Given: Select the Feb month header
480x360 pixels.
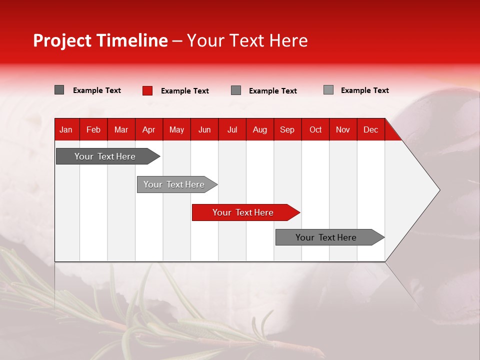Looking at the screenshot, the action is click(93, 129).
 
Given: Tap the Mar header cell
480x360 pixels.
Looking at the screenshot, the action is click(121, 129).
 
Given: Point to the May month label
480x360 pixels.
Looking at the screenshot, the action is click(176, 129).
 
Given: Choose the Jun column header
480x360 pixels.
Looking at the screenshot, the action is click(204, 129).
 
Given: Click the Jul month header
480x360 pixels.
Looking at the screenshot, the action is click(232, 129).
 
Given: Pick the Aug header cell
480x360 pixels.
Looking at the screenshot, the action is click(260, 129).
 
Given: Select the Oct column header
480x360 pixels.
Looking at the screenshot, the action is click(315, 129).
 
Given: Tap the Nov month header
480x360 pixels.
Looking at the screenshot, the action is click(343, 129).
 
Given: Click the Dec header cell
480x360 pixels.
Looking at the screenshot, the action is click(370, 129).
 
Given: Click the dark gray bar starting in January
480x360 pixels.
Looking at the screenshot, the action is click(108, 156).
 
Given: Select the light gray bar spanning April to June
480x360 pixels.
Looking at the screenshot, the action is click(177, 184).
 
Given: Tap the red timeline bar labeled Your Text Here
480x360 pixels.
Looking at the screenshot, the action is click(246, 212).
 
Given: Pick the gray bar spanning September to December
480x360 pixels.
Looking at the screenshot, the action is click(330, 237).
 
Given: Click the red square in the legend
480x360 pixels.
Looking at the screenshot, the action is click(147, 90).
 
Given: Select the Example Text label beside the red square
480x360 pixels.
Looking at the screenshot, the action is click(185, 91).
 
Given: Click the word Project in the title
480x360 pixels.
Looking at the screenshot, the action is click(62, 40).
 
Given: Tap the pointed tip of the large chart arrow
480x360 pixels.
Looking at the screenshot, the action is click(439, 190).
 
